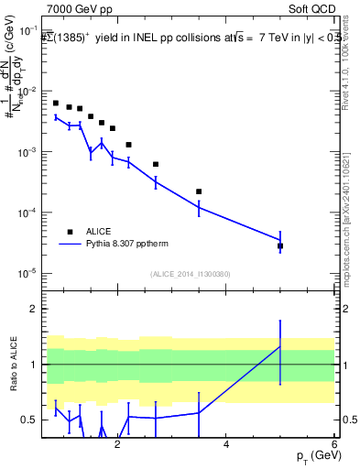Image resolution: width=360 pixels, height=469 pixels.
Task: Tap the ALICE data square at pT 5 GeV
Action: tap(280, 246)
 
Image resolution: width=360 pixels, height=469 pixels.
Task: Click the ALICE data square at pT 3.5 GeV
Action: tap(199, 191)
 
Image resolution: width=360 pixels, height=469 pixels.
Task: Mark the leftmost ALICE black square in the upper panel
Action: tap(56, 104)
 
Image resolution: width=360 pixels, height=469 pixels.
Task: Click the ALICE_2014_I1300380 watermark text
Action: tap(191, 273)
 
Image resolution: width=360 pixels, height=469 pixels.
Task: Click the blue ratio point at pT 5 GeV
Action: tap(280, 345)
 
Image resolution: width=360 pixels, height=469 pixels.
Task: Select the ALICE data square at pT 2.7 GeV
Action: tap(156, 165)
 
